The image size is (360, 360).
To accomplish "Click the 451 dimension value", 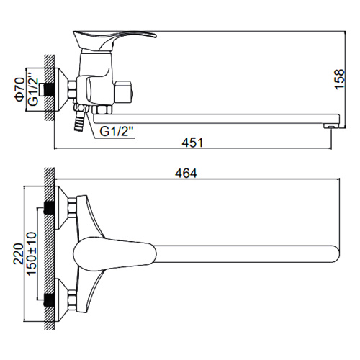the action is click(x=192, y=143).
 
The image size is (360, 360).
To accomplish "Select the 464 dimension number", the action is click(x=186, y=174).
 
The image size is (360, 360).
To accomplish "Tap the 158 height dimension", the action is click(x=340, y=79).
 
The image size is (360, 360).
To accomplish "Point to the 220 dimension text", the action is click(x=18, y=254).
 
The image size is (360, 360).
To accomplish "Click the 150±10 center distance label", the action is click(x=32, y=253).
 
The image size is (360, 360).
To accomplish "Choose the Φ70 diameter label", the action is click(x=20, y=89).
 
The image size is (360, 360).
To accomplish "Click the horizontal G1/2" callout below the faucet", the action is click(x=117, y=132).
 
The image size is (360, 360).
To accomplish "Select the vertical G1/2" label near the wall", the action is click(x=33, y=89).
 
